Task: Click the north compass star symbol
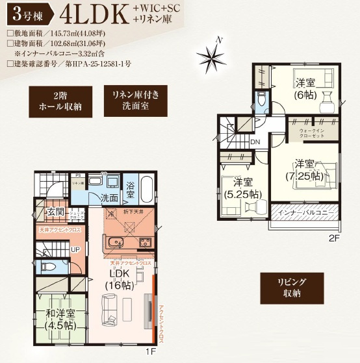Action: tap(213, 57)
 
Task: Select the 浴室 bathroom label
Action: tap(130, 190)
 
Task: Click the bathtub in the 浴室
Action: tap(146, 189)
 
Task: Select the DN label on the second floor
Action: tap(255, 141)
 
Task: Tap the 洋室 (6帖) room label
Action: tap(304, 88)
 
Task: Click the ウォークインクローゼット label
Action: tap(312, 134)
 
